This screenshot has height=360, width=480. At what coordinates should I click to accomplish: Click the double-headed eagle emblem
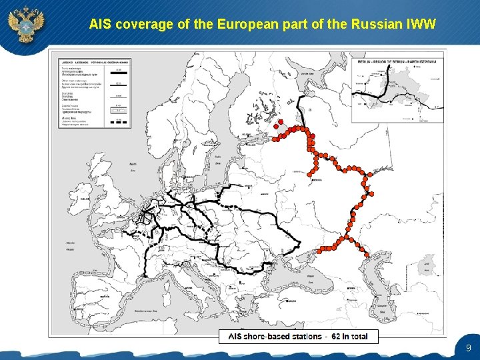pos(25,25)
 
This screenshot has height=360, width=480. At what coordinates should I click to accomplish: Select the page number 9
pos(469,348)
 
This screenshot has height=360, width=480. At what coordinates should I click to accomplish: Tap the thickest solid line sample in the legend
pos(118,69)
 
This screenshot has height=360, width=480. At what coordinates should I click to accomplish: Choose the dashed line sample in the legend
pos(118,123)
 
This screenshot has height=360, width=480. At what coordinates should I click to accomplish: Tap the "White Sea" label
pos(307,74)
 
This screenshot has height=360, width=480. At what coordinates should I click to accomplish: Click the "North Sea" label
pos(133,166)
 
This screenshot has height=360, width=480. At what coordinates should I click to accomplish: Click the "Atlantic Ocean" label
pos(71,245)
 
